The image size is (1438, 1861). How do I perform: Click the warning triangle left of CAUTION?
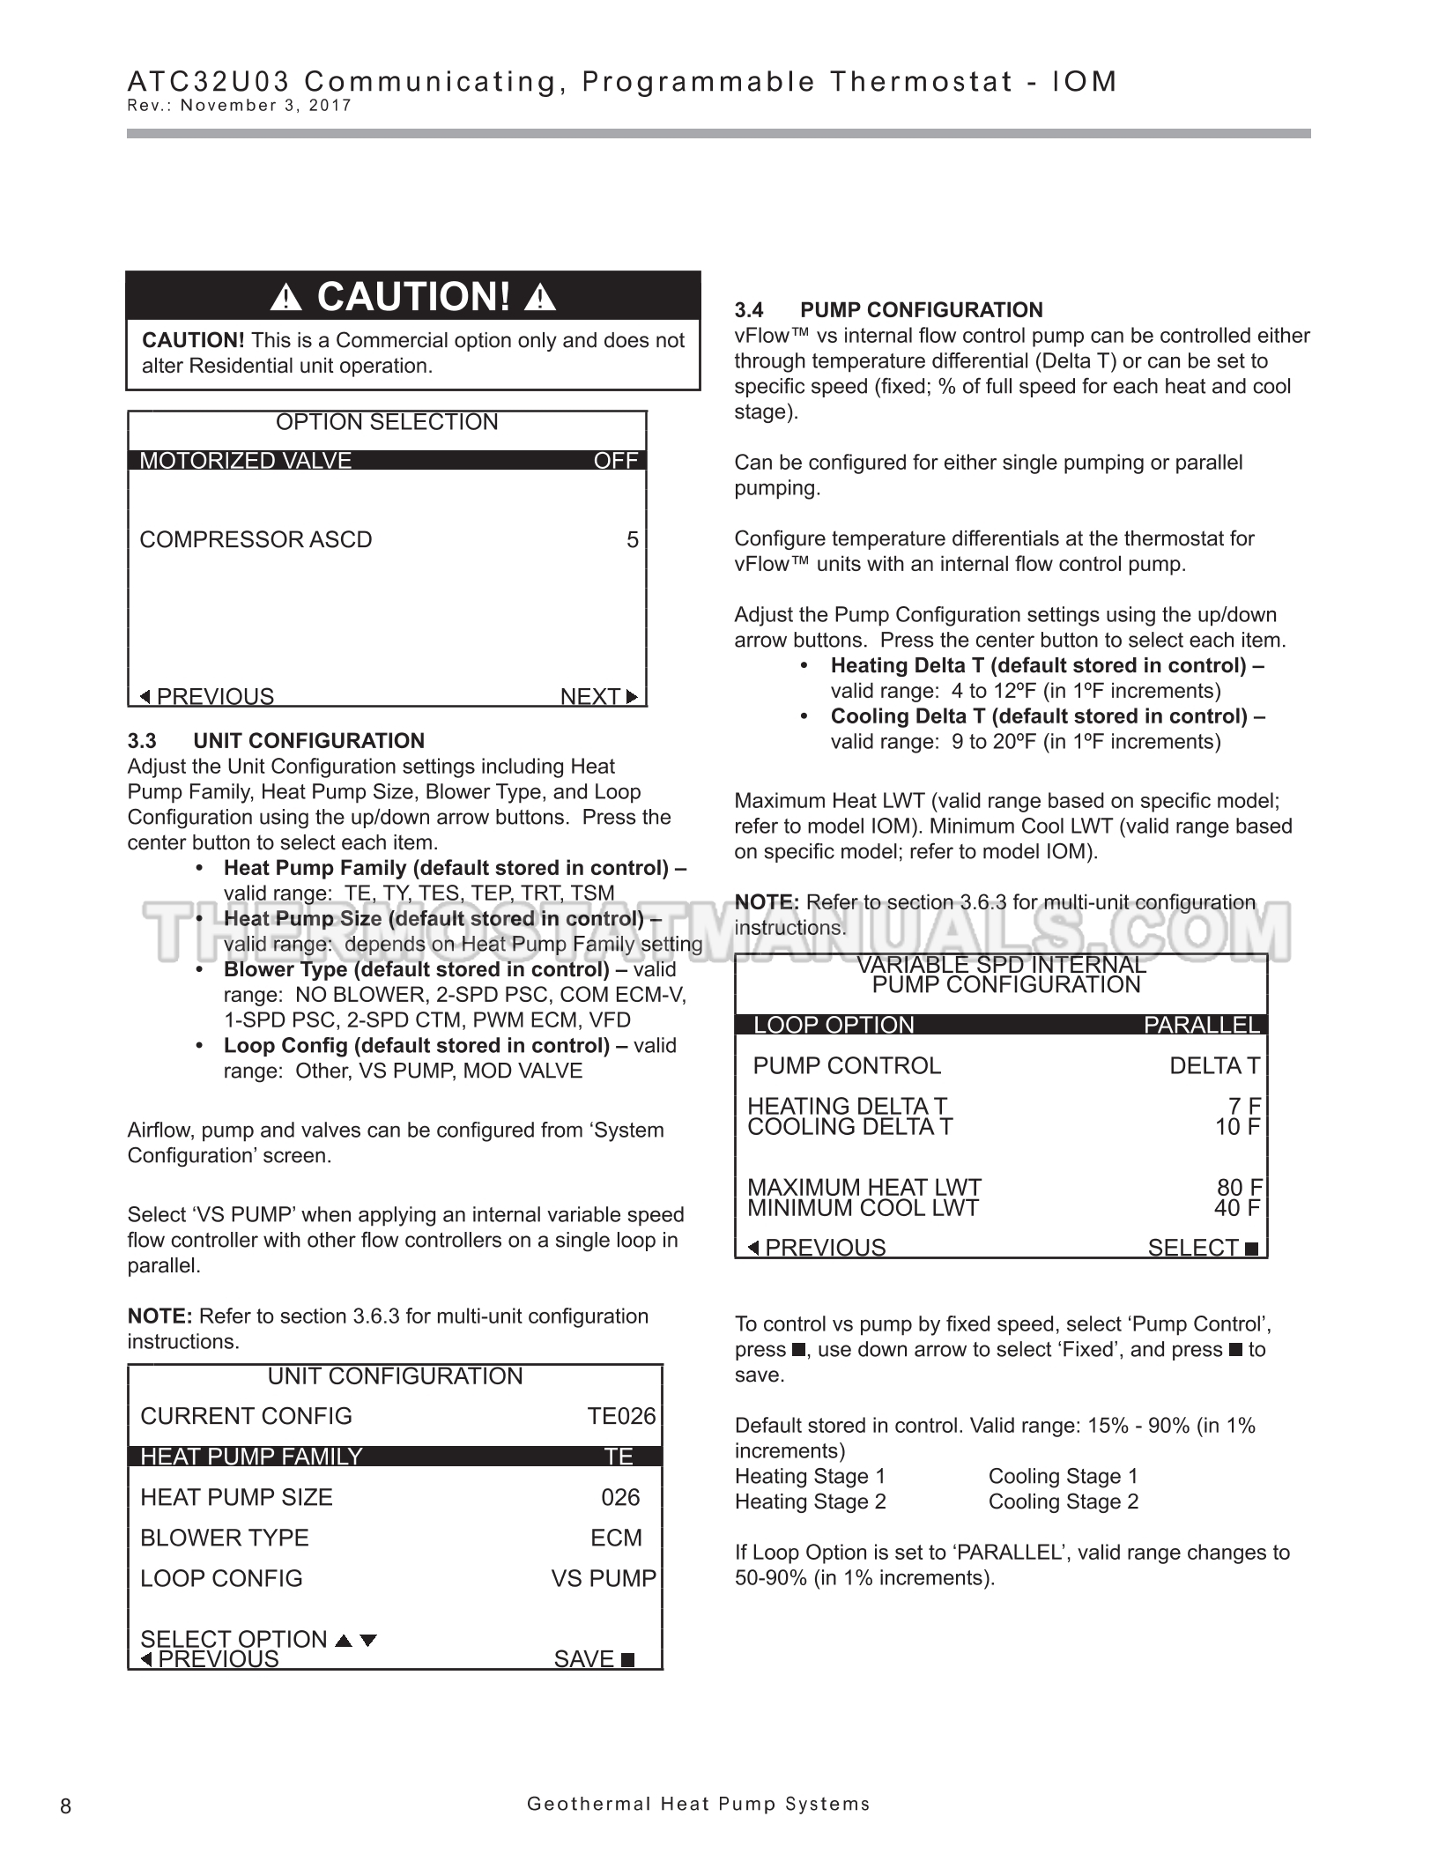click(x=285, y=298)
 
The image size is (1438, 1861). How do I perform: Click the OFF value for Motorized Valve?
click(x=616, y=461)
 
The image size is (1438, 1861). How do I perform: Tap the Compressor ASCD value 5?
click(x=632, y=539)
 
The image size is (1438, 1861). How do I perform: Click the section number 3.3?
click(x=142, y=740)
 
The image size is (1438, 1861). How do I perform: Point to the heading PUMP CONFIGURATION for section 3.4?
click(x=921, y=310)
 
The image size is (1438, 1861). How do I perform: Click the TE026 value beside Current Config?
click(x=621, y=1416)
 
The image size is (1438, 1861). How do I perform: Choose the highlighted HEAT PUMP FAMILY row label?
click(x=251, y=1457)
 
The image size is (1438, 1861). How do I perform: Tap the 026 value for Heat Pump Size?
click(x=620, y=1497)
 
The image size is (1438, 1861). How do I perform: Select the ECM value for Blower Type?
click(x=616, y=1538)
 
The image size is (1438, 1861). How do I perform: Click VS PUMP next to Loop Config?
click(x=604, y=1578)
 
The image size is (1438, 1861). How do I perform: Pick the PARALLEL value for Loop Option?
click(x=1202, y=1025)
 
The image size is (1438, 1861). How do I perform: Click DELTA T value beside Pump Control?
click(x=1214, y=1065)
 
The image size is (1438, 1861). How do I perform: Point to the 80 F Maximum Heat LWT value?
click(x=1239, y=1188)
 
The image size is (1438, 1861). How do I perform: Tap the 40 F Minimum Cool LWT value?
click(x=1237, y=1208)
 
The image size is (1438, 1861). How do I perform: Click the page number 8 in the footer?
click(x=66, y=1806)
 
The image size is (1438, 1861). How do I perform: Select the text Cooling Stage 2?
click(x=1063, y=1501)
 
